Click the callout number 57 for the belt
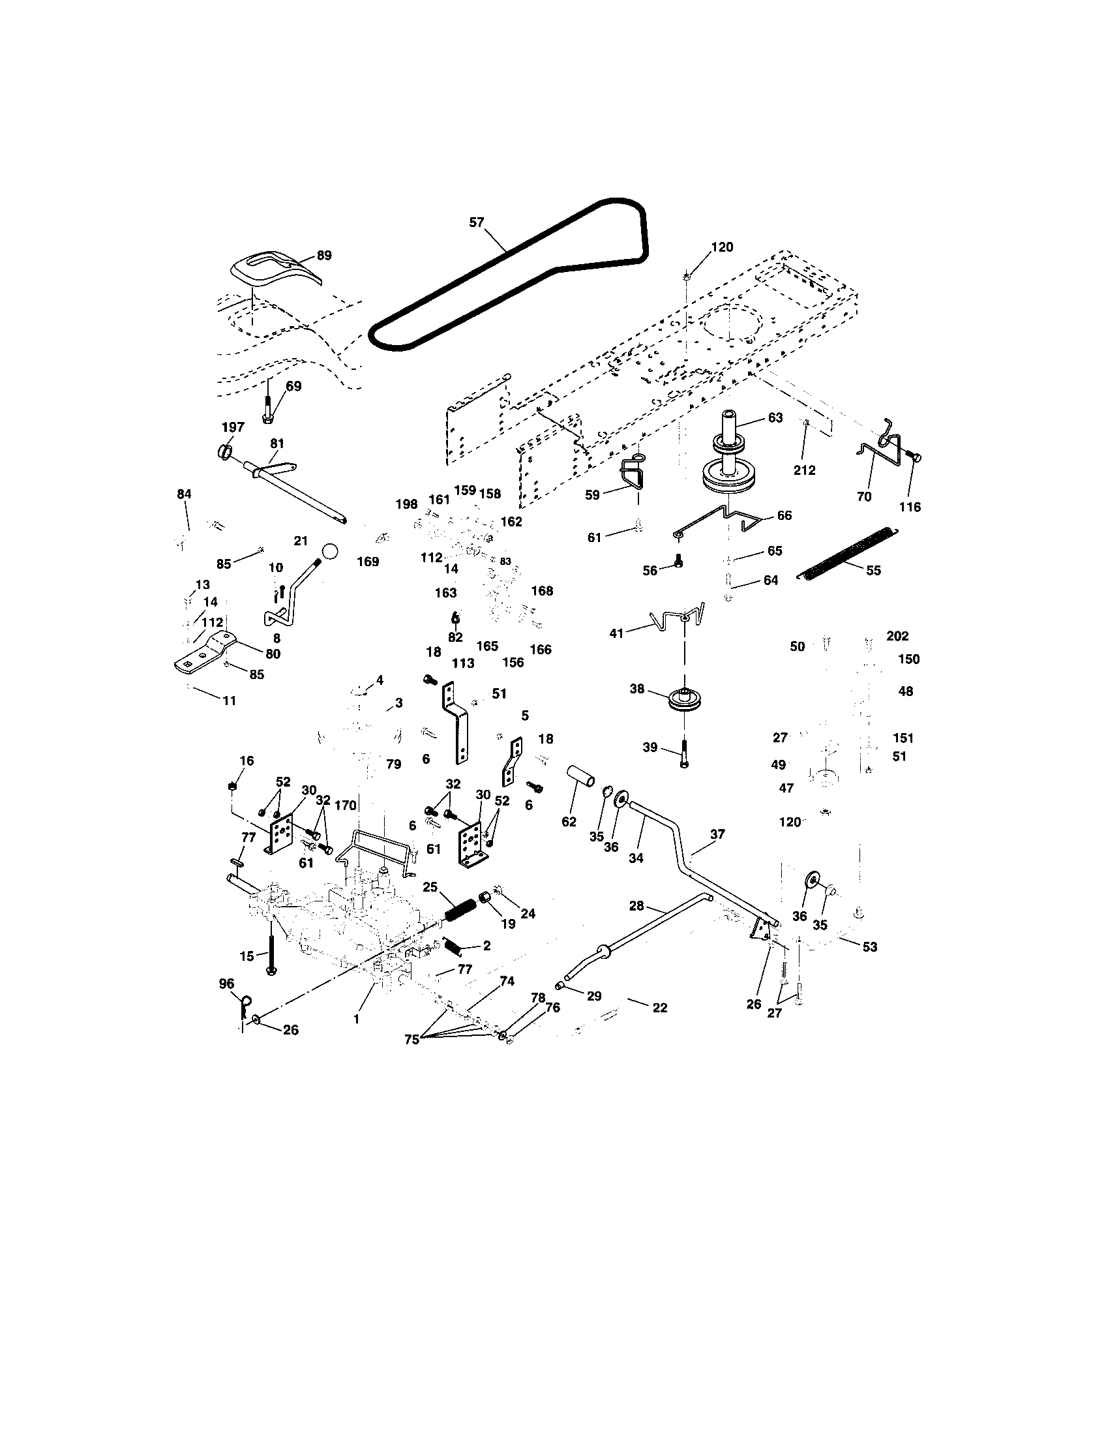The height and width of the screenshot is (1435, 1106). click(x=476, y=222)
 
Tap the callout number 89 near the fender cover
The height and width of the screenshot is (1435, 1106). click(x=324, y=256)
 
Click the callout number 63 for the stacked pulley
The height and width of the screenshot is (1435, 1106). click(x=775, y=418)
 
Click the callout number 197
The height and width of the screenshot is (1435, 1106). click(x=233, y=427)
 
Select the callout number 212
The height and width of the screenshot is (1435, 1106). click(x=805, y=470)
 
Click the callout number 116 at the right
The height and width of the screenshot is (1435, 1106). click(x=910, y=507)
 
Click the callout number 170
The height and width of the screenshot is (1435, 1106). click(x=346, y=806)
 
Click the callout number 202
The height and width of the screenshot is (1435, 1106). click(x=897, y=636)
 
